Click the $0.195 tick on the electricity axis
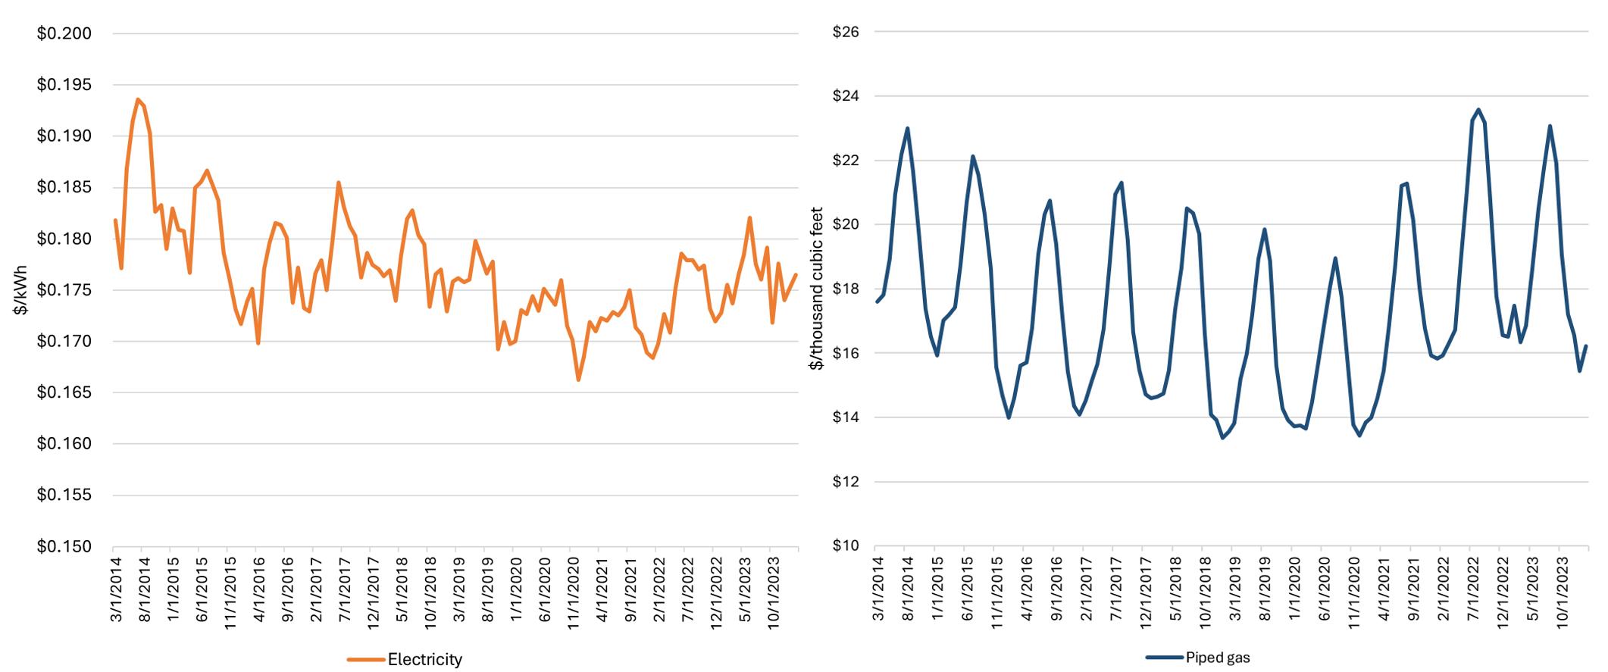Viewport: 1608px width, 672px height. (64, 85)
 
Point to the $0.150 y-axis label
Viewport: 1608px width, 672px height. (64, 546)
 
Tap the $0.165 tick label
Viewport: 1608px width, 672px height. (64, 392)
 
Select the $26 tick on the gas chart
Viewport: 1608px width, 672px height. (846, 32)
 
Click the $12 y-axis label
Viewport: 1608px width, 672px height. (846, 482)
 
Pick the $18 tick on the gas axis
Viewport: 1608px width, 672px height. (846, 289)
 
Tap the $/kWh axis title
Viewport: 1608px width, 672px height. (20, 290)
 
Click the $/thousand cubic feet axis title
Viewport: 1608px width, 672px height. (816, 289)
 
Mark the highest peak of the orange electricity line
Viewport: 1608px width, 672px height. (138, 99)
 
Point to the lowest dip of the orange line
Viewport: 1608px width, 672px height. (578, 380)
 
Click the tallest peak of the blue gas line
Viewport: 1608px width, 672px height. (1478, 110)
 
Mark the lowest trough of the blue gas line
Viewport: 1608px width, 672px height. (1222, 438)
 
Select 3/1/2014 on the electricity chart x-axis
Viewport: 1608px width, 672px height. (117, 589)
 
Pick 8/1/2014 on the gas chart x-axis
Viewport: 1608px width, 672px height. (908, 589)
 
